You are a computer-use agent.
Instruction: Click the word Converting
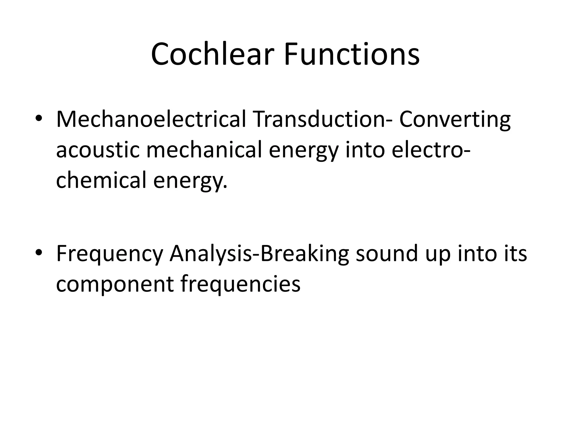[455, 119]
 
